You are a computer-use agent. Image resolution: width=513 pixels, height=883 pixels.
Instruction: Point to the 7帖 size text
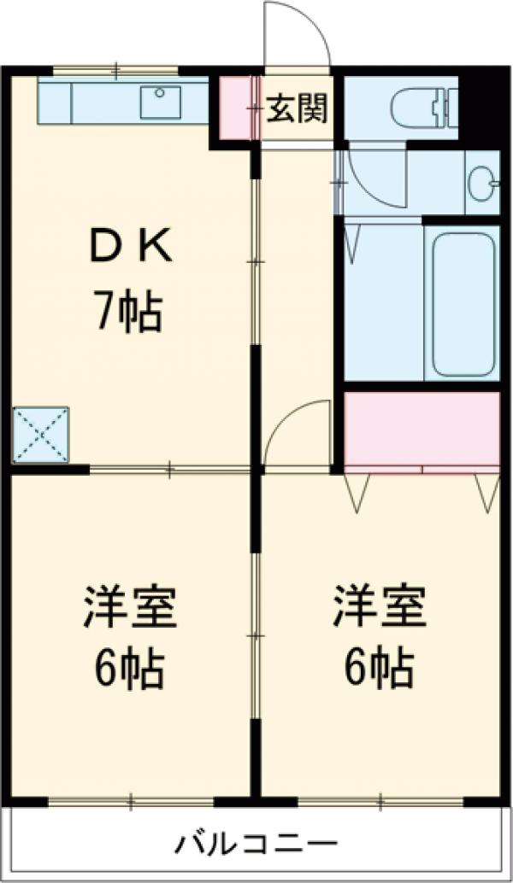pos(127,313)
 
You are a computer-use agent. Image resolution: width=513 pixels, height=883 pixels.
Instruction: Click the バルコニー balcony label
pos(256,846)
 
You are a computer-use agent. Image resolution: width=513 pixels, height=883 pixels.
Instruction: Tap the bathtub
pos(463,303)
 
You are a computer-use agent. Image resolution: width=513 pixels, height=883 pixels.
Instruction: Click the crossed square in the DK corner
pos(40,436)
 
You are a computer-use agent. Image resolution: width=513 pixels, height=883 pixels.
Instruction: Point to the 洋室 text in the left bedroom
pos(129,608)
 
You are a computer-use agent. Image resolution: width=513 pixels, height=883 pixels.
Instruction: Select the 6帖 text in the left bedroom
pos(129,670)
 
